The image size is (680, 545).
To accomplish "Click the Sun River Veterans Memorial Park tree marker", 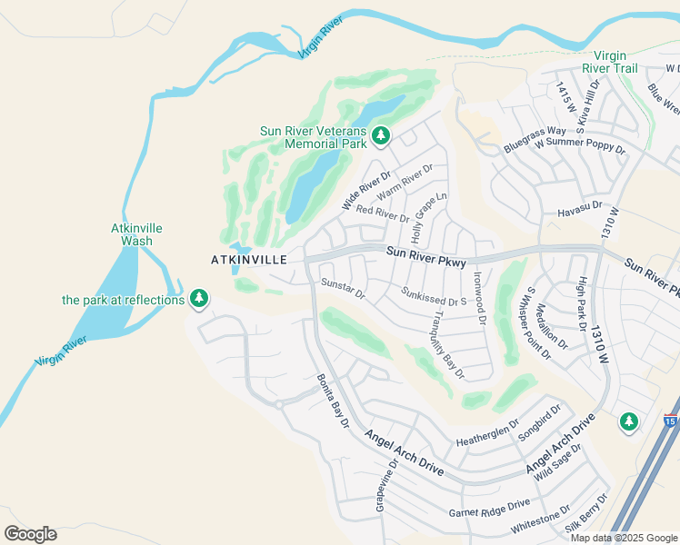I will click(x=381, y=137).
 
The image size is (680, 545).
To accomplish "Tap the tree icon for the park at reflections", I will click(x=199, y=299).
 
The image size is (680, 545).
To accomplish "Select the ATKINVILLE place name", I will click(x=249, y=260).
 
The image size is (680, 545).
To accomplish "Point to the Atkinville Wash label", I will click(x=131, y=234).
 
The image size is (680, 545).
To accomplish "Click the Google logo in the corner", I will click(x=30, y=533).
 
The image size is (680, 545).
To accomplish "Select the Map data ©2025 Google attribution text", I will click(x=623, y=538).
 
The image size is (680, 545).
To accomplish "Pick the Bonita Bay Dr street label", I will click(x=333, y=401).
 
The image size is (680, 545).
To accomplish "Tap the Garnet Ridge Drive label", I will click(x=489, y=508).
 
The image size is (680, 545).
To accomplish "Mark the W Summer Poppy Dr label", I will click(x=580, y=145).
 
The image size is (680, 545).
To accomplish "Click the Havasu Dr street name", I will click(x=579, y=210).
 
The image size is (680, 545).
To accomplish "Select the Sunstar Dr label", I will click(x=343, y=289).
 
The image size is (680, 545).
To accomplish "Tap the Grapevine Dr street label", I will click(x=386, y=485).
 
